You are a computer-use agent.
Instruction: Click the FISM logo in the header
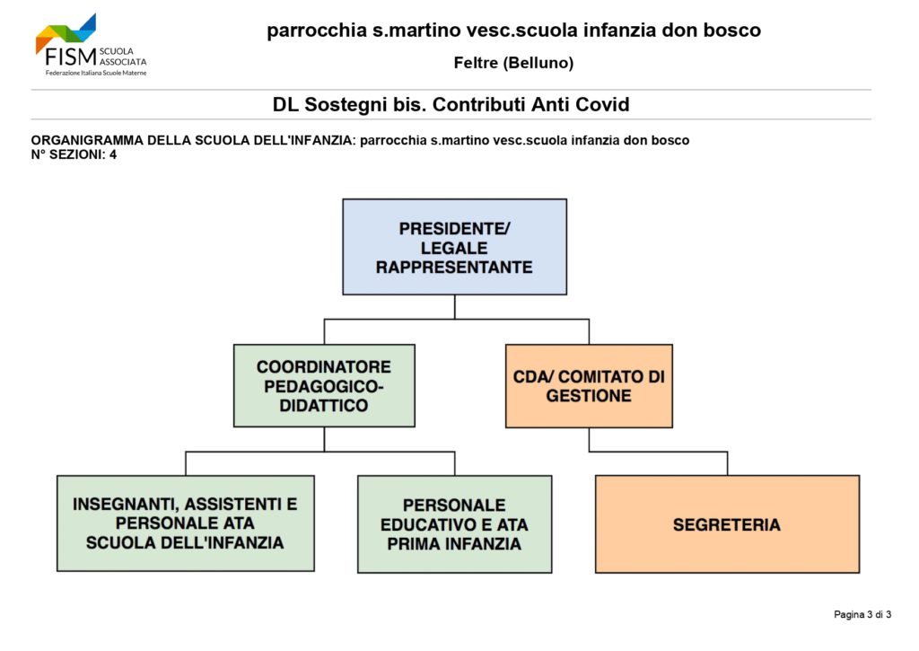tap(91, 45)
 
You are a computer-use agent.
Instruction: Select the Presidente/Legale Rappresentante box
tap(454, 247)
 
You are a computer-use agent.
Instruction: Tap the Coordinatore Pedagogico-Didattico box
tap(324, 385)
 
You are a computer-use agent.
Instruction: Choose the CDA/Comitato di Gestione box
tap(589, 386)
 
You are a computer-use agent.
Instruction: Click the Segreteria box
tap(727, 523)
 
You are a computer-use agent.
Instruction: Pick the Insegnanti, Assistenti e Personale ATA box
tap(185, 523)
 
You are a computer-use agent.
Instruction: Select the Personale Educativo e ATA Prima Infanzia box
tap(454, 523)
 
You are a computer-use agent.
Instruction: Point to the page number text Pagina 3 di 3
tap(862, 614)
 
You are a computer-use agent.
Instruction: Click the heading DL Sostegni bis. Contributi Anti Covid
tap(451, 104)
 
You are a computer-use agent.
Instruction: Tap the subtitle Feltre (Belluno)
tap(513, 63)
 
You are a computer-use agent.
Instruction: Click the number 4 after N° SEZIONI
tap(113, 154)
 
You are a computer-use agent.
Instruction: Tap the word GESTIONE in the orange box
tap(589, 396)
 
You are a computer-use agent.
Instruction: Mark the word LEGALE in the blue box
tap(454, 248)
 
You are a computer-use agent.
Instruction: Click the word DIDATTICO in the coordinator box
tap(323, 406)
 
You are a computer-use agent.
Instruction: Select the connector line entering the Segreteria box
tap(727, 463)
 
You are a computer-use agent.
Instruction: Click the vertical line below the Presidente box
tap(455, 307)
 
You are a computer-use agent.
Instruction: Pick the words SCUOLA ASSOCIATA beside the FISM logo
tap(123, 57)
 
